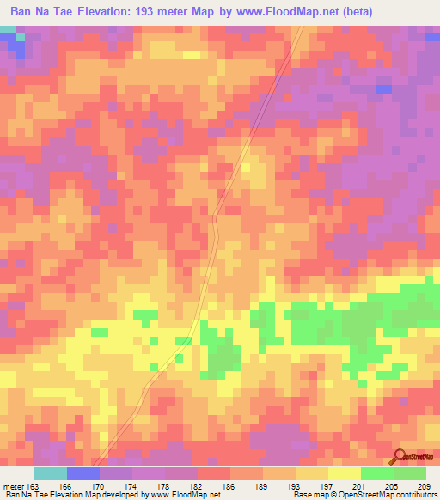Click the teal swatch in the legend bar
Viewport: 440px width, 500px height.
51,473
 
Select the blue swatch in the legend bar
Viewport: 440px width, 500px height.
83,473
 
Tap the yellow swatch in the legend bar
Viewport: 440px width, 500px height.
345,473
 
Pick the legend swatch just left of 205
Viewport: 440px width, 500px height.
377,473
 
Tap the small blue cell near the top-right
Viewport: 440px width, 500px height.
384,88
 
